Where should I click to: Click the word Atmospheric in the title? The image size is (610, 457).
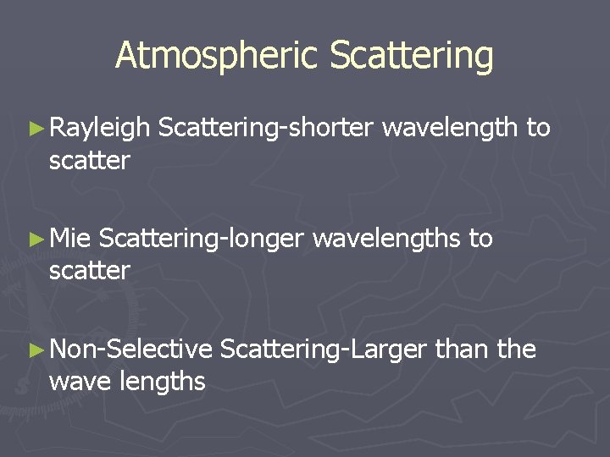(x=217, y=56)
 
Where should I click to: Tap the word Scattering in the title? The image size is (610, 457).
(x=412, y=56)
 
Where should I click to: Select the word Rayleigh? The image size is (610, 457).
(x=99, y=129)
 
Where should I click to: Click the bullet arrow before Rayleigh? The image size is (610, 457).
(x=35, y=129)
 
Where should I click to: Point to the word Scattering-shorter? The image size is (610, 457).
(x=265, y=129)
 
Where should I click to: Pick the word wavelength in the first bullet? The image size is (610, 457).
(x=449, y=128)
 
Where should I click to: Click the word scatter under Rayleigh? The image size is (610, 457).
(x=89, y=160)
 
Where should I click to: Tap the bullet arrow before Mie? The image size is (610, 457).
(x=35, y=240)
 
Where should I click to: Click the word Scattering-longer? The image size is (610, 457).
(x=200, y=240)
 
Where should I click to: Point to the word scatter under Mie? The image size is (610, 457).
(x=89, y=271)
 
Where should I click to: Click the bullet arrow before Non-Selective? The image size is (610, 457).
(x=35, y=350)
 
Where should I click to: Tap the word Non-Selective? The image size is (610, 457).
(x=130, y=349)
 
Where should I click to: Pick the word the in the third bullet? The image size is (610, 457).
(x=517, y=349)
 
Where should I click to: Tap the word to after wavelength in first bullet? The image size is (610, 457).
(x=539, y=129)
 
